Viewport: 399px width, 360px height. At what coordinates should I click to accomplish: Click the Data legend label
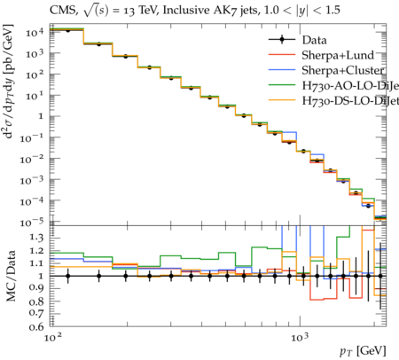314,40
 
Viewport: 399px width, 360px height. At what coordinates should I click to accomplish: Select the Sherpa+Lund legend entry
338,55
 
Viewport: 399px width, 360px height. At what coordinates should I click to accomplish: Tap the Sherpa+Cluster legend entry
343,70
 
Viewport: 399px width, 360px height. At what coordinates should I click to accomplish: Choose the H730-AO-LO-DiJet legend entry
350,85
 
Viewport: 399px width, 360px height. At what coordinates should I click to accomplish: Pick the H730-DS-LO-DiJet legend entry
350,100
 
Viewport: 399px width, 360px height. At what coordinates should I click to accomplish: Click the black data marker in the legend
282,40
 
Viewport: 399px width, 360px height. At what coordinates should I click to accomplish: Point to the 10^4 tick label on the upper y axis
35,31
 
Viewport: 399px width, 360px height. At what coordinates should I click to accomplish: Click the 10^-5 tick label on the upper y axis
35,222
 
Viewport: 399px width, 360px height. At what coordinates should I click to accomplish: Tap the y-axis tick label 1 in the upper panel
41,116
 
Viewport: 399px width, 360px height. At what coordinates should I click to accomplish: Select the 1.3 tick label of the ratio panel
36,238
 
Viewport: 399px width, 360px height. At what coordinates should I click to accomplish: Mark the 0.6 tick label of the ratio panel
36,326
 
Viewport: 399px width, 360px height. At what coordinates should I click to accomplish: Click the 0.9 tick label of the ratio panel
36,288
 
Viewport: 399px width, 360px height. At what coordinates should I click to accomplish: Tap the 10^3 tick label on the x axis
300,337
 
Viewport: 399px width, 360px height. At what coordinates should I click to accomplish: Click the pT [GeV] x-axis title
363,351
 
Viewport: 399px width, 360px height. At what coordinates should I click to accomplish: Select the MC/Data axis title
11,276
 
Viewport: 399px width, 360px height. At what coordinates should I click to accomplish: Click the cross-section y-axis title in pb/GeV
9,82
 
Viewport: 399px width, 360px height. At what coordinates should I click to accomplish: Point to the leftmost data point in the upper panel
68,30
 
